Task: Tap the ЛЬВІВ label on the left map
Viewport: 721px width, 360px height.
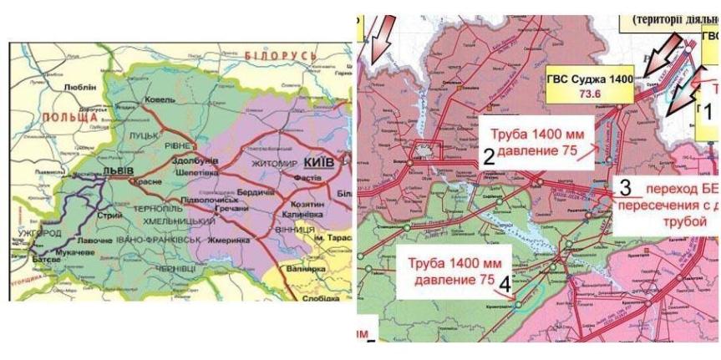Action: [x=116, y=170]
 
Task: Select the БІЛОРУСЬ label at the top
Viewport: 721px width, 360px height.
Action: [x=281, y=55]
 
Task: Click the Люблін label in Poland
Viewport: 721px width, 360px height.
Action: [x=80, y=86]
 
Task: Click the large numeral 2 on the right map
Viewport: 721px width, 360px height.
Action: [x=488, y=155]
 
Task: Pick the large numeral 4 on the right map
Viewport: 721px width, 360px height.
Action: [x=504, y=285]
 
